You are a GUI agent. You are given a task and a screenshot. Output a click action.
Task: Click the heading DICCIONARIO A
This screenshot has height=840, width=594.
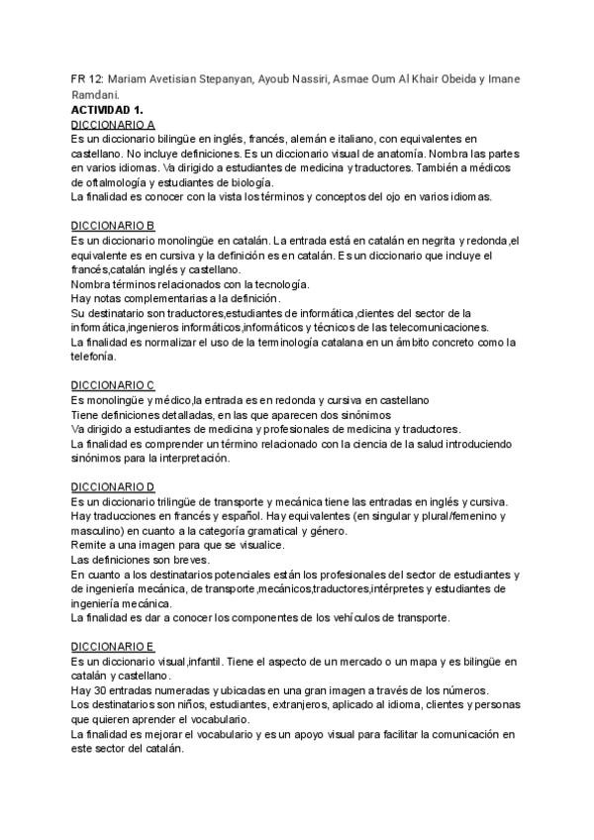tap(114, 125)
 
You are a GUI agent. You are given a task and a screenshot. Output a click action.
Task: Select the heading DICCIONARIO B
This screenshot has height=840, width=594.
tap(114, 226)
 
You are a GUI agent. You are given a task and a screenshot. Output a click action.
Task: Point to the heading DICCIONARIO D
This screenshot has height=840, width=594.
tap(114, 487)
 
